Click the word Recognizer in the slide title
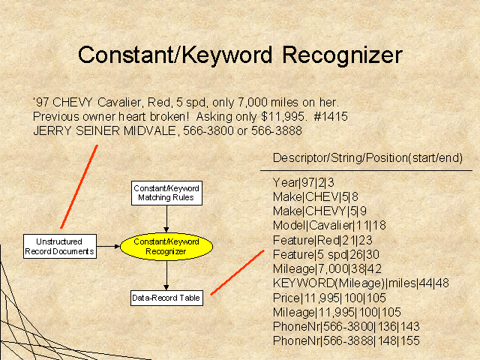click(342, 55)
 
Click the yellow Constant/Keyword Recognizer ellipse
click(166, 247)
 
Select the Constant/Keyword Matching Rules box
click(166, 193)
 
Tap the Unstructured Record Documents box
click(60, 247)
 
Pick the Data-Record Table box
click(166, 298)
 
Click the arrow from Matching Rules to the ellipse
click(166, 219)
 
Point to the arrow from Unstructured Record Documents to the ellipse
click(108, 246)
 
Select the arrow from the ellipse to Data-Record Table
click(166, 275)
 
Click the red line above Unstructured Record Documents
click(79, 187)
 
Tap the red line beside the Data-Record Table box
click(237, 273)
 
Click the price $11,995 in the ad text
click(283, 117)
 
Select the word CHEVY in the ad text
click(72, 102)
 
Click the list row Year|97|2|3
click(303, 183)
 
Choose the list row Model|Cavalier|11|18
click(329, 226)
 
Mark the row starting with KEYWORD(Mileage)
click(361, 283)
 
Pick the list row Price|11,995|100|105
click(329, 298)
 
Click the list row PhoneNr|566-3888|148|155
click(346, 340)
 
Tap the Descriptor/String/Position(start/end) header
click(367, 158)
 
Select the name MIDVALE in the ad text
click(150, 131)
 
